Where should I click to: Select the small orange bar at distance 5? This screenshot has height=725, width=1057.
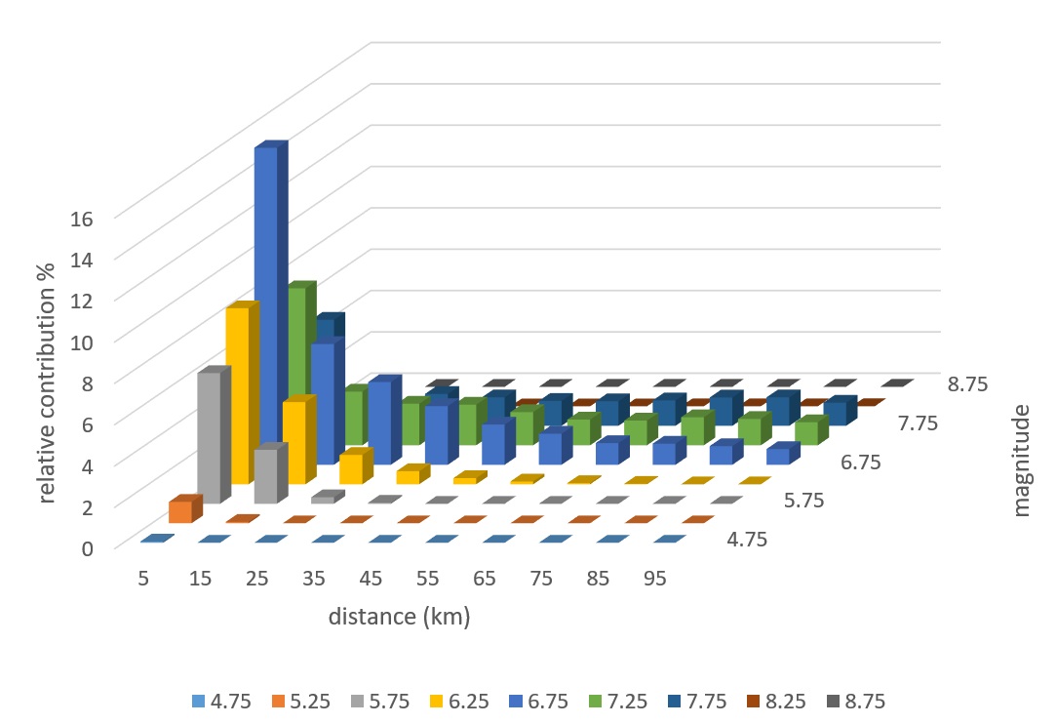tap(181, 510)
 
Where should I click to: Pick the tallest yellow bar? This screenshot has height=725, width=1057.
tap(238, 390)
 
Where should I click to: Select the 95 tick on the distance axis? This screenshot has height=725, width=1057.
tap(654, 579)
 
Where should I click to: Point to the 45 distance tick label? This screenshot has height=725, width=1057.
tap(371, 579)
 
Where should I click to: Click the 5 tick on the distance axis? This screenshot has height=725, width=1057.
tap(143, 579)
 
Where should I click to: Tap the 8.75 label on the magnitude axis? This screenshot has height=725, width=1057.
tap(966, 384)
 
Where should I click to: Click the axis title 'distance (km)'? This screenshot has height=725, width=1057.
tap(399, 618)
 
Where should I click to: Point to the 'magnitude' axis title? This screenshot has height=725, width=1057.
tap(1021, 463)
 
